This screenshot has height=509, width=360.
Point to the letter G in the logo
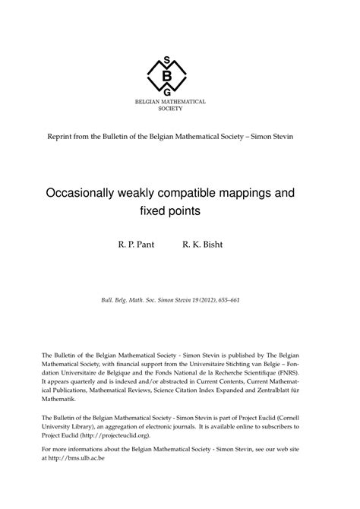coord(167,90)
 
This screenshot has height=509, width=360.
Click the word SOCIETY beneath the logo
coord(170,109)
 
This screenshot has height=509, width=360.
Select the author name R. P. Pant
coord(136,247)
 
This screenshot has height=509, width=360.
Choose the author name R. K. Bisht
coord(205,247)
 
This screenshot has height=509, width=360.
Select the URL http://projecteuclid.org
coord(134,437)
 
